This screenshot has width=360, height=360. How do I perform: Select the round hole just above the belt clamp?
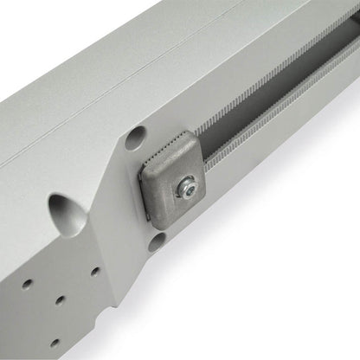[135, 138]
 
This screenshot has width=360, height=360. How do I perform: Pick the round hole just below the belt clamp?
[156, 241]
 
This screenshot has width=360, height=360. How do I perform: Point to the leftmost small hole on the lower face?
[28, 283]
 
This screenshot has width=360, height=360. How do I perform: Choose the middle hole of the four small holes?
[60, 300]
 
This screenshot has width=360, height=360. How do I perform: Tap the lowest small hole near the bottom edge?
[54, 342]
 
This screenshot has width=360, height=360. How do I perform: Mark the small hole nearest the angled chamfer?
[95, 272]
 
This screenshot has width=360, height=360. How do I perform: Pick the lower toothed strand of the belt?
[277, 130]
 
